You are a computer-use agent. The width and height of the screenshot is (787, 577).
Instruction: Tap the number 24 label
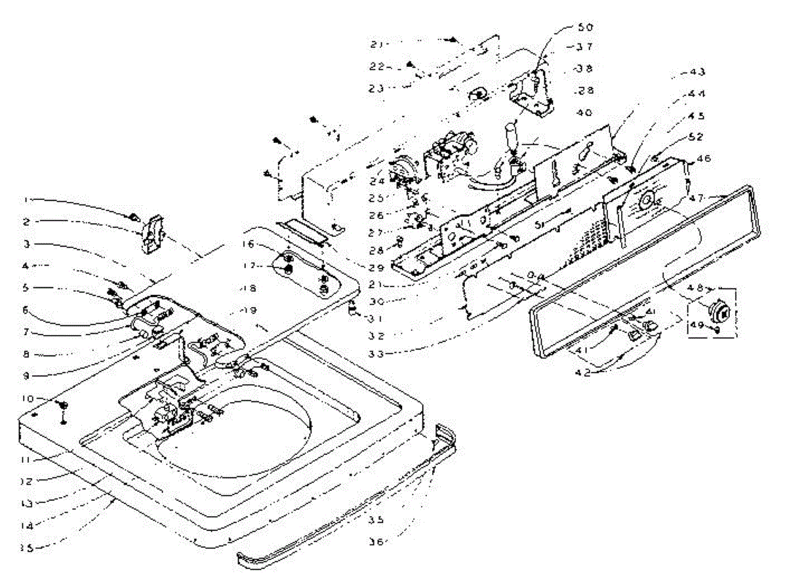376,180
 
